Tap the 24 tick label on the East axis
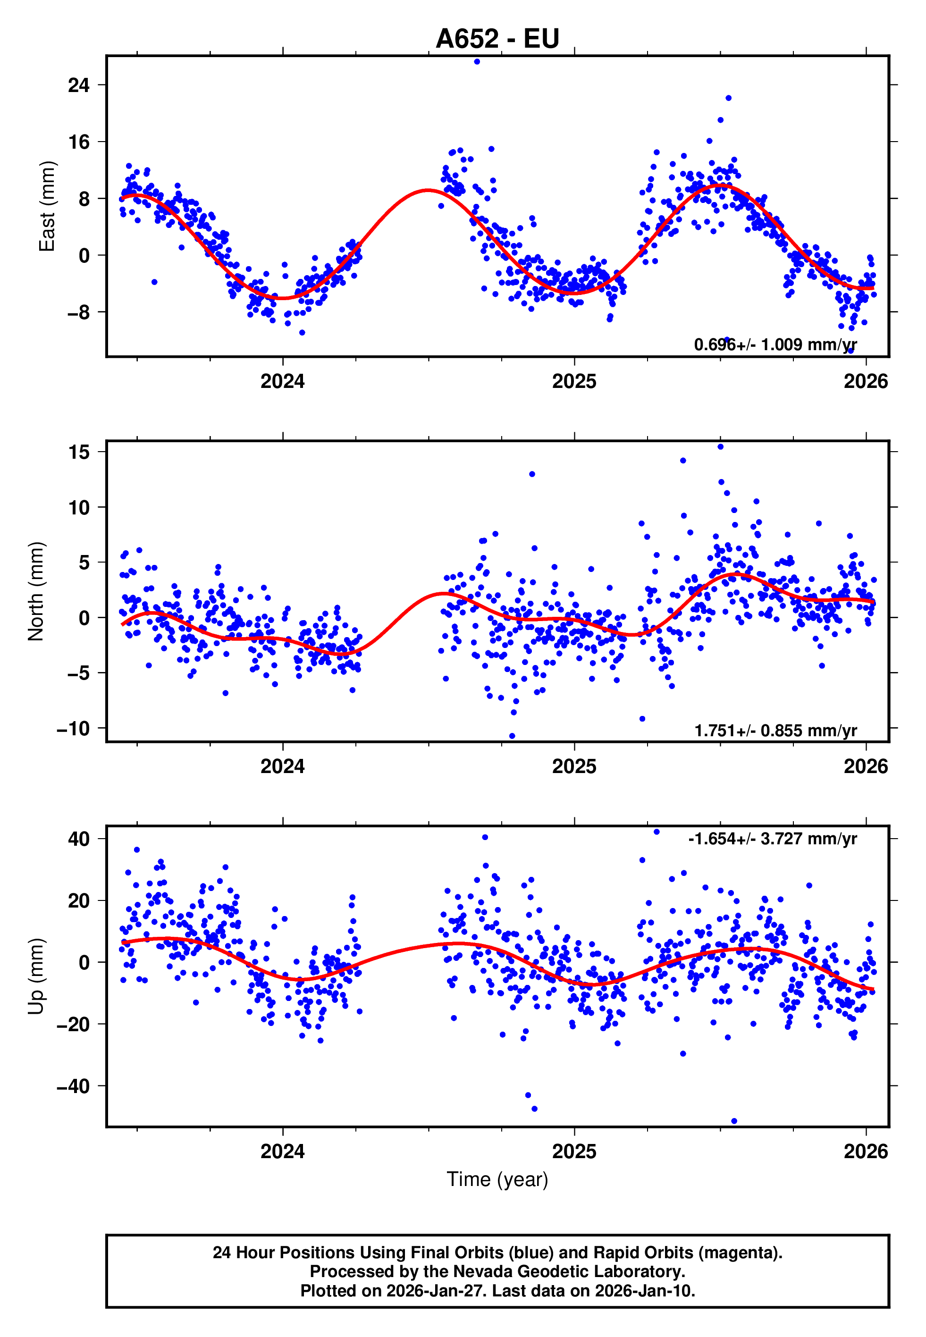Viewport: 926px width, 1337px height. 79,85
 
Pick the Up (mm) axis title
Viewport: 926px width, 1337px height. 36,976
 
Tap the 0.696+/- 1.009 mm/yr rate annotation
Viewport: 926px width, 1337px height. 775,345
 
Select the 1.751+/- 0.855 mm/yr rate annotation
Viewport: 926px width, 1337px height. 775,730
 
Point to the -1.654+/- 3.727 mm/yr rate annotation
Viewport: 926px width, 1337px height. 772,839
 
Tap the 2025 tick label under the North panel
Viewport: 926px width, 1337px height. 574,767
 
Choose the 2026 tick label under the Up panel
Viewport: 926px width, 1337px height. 865,1152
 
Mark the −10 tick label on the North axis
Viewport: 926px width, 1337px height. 73,729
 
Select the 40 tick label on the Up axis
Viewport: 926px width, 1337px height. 79,839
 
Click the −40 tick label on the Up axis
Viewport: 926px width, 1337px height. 73,1086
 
